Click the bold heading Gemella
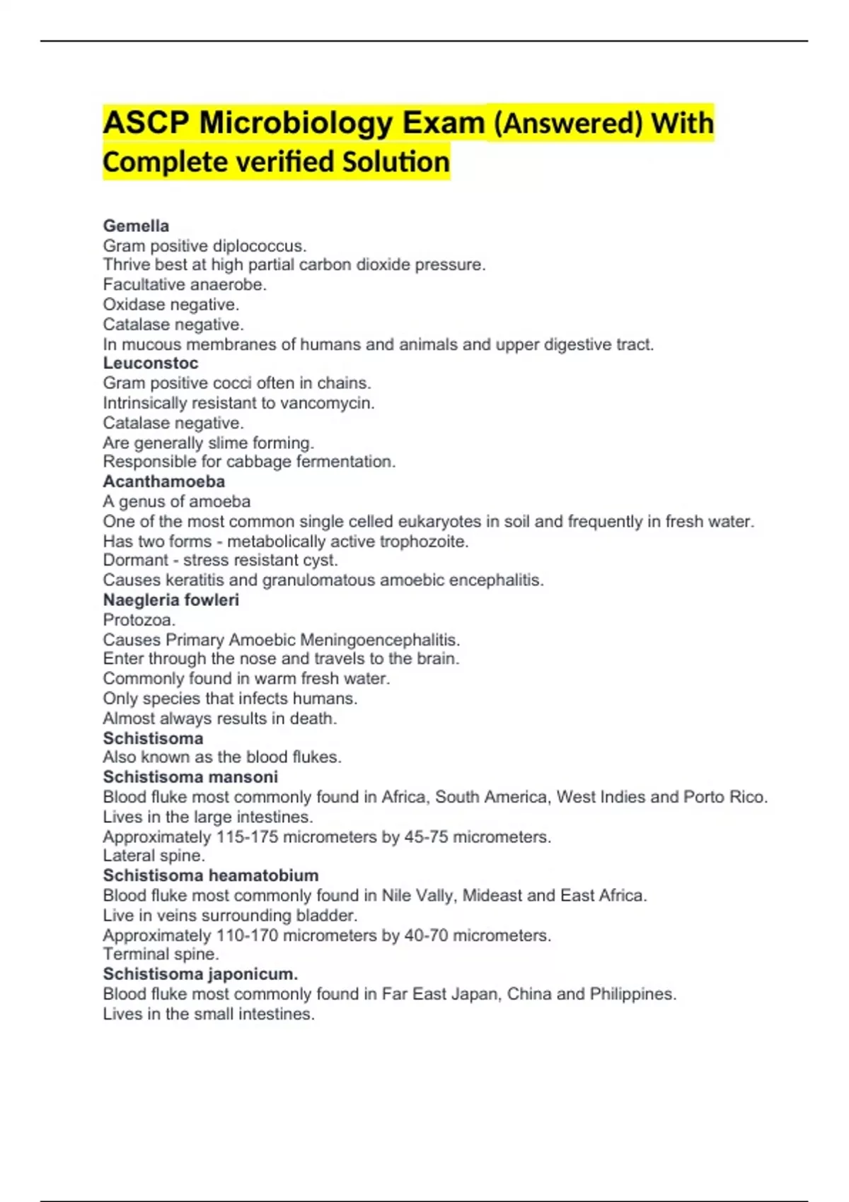(x=136, y=226)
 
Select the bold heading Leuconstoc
(x=151, y=363)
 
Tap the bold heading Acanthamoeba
(x=163, y=482)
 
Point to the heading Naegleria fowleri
(x=171, y=600)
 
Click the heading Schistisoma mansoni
(x=190, y=776)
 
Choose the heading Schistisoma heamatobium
(x=210, y=875)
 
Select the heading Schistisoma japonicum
(x=200, y=974)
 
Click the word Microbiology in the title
(x=296, y=123)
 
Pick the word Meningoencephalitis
(x=380, y=640)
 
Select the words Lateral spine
(x=154, y=856)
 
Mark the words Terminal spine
(x=161, y=954)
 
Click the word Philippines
(x=633, y=994)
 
